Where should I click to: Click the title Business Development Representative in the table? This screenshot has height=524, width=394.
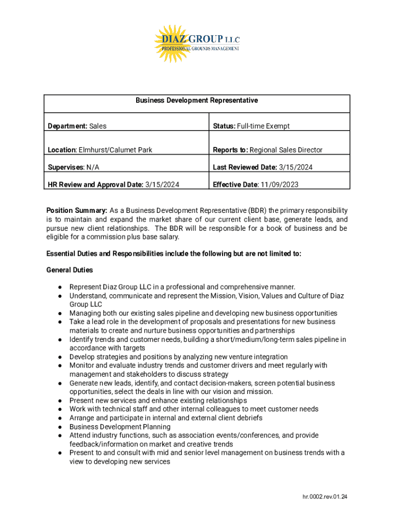(196, 100)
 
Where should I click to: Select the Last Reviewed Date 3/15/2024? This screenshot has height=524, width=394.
(296, 167)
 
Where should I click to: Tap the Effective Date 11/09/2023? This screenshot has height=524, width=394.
(280, 184)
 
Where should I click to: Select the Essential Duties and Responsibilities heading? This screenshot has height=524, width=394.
(174, 253)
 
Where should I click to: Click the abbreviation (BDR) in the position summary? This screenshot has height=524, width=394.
(257, 210)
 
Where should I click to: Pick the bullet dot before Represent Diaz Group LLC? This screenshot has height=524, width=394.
(60, 287)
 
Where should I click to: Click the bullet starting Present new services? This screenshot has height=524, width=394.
(158, 401)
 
